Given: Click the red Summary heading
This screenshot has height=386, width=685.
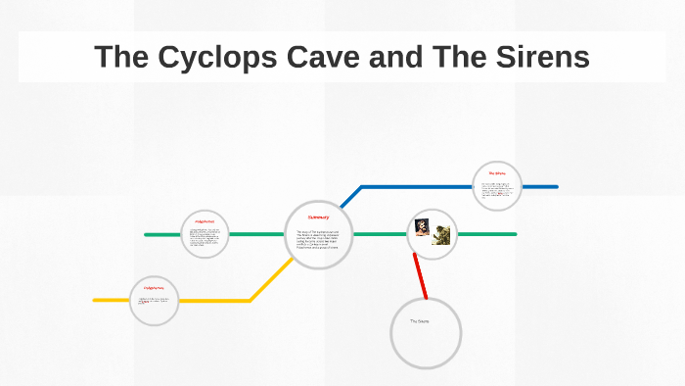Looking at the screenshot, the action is [319, 217].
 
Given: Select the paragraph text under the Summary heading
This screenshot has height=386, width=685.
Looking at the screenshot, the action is [318, 241].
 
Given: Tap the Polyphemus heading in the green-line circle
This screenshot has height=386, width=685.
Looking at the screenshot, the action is [205, 222].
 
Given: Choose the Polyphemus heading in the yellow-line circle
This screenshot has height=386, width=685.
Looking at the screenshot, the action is [155, 288].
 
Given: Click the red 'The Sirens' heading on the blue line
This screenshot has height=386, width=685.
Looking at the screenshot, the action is [497, 173].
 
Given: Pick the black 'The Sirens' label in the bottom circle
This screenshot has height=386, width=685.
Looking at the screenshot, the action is [420, 321].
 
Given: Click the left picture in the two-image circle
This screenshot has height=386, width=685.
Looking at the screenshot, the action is [422, 228].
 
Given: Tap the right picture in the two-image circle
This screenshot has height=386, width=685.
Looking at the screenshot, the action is [440, 236].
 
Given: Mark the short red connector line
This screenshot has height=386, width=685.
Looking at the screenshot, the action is [420, 276].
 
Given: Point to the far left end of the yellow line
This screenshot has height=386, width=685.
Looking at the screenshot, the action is [96, 300].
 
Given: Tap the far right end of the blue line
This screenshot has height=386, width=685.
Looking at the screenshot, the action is [555, 186].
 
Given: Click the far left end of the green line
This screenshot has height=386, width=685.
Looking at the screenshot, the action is [147, 235].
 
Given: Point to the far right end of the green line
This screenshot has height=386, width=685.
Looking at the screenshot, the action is [514, 235].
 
